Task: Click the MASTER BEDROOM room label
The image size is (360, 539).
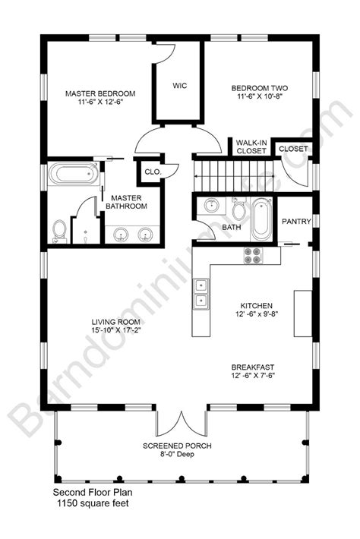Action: click(x=99, y=93)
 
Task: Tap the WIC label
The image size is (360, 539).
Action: click(x=179, y=84)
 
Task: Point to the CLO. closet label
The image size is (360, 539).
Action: click(x=153, y=172)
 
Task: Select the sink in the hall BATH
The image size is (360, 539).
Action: click(x=211, y=206)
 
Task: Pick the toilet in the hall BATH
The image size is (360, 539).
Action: click(x=239, y=210)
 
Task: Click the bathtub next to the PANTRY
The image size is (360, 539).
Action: click(x=261, y=217)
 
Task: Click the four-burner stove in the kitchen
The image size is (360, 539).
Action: click(x=252, y=257)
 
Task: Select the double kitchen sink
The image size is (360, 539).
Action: click(x=202, y=295)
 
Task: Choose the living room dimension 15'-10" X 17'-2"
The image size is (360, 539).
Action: click(x=116, y=330)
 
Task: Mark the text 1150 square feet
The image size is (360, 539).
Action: click(x=90, y=503)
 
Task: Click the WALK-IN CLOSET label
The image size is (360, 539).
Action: click(x=251, y=147)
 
